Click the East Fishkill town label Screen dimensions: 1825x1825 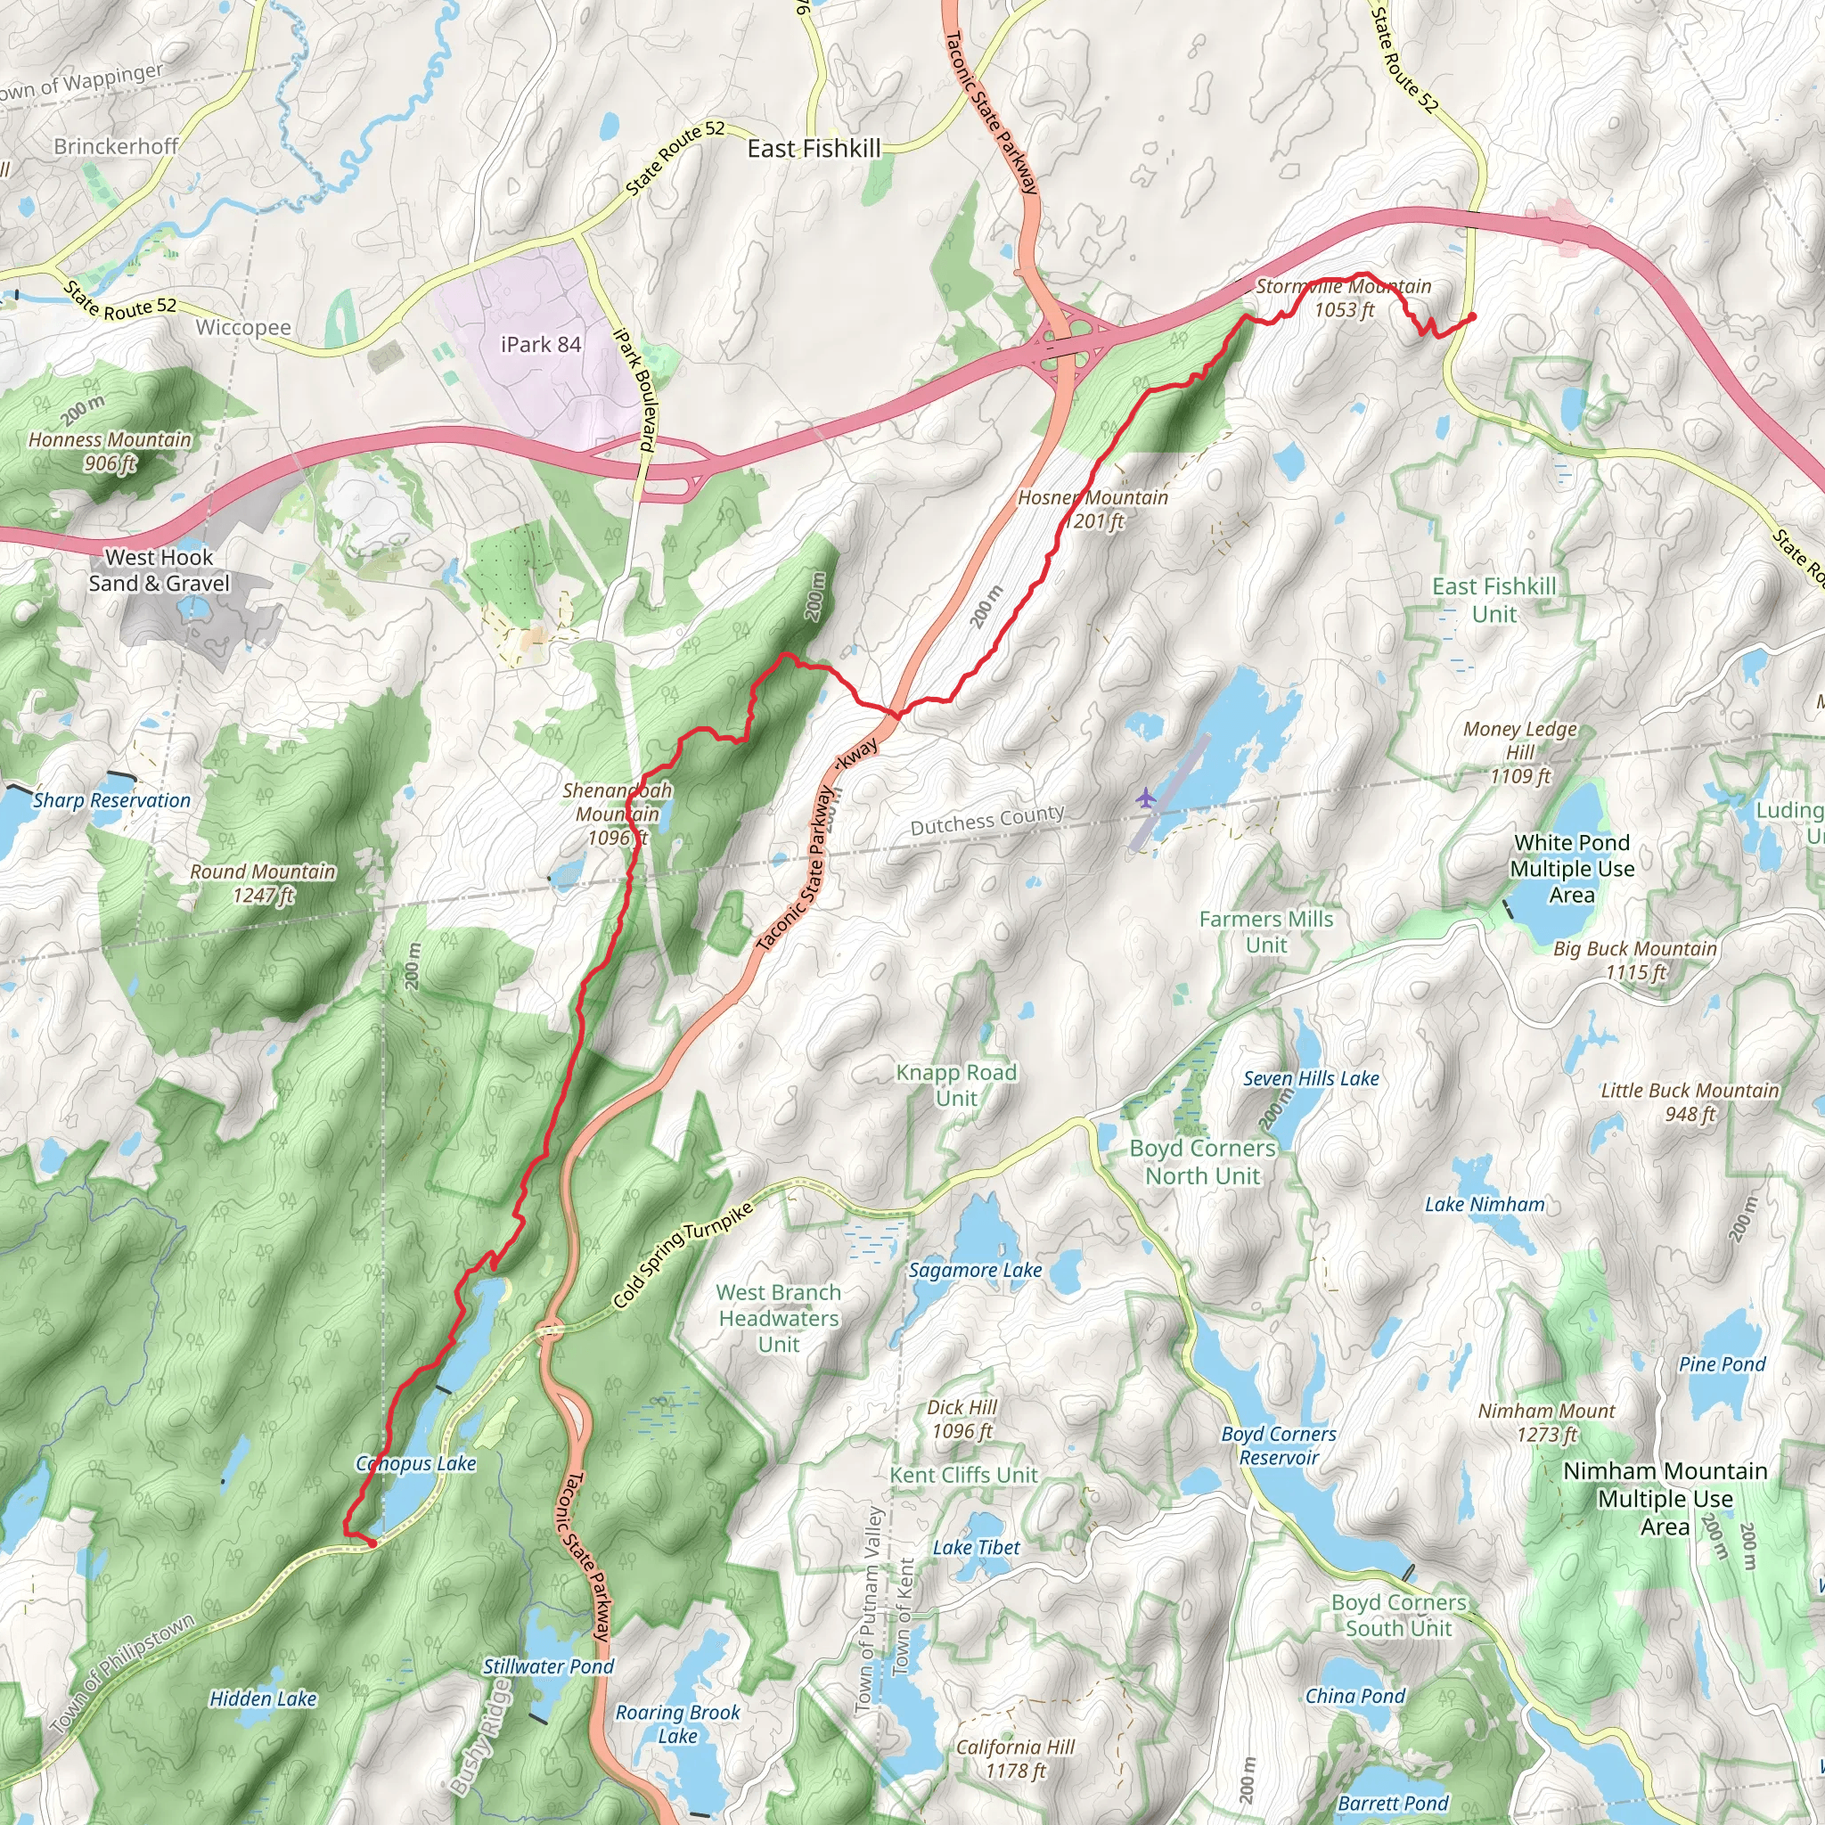pyautogui.click(x=814, y=148)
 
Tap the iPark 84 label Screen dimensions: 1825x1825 pyautogui.click(x=540, y=345)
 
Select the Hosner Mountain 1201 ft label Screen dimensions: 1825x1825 pyautogui.click(x=1093, y=509)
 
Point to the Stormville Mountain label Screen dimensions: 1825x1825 pyautogui.click(x=1343, y=286)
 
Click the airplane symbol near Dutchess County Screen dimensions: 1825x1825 pyautogui.click(x=1146, y=798)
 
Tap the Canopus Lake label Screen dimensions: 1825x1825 pyautogui.click(x=415, y=1463)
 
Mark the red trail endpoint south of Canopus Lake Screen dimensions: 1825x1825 pyautogui.click(x=372, y=1543)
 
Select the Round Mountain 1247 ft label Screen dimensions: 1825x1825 pyautogui.click(x=263, y=882)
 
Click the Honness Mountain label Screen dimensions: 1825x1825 pyautogui.click(x=110, y=440)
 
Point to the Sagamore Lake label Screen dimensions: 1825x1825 pyautogui.click(x=975, y=1271)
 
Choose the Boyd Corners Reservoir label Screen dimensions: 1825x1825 pyautogui.click(x=1278, y=1445)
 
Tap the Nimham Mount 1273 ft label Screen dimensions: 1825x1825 pyautogui.click(x=1546, y=1422)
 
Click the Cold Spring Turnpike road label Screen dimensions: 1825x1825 pyautogui.click(x=682, y=1256)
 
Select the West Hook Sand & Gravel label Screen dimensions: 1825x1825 pyautogui.click(x=159, y=569)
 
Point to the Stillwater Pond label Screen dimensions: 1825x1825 pyautogui.click(x=548, y=1666)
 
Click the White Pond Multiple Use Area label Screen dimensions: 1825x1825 pyautogui.click(x=1572, y=868)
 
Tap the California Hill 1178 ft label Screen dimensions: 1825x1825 pyautogui.click(x=1016, y=1759)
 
